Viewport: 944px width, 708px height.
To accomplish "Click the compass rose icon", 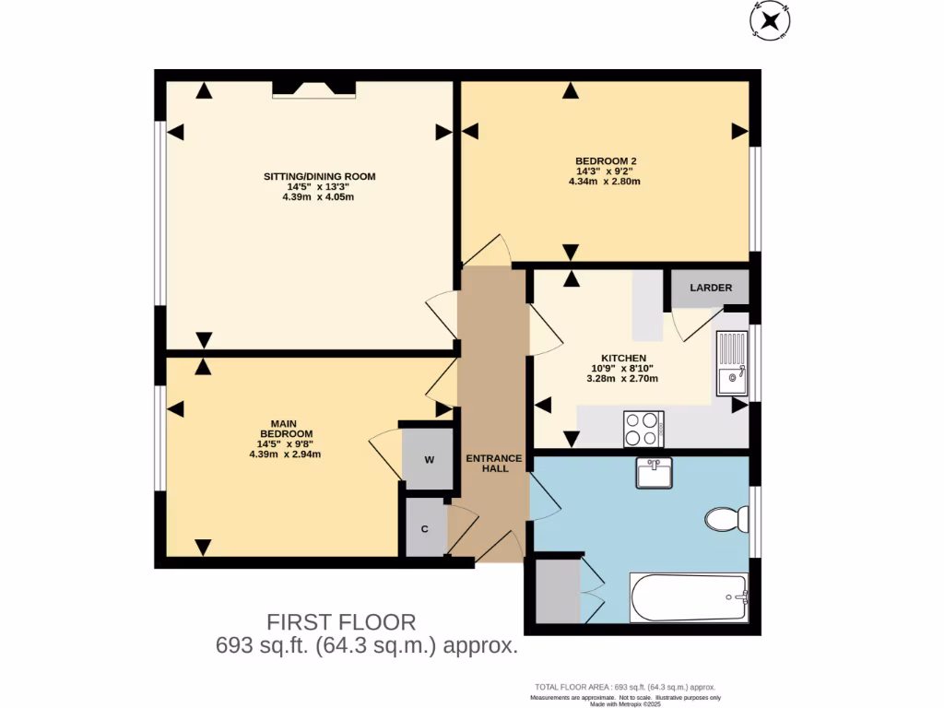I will (x=772, y=19).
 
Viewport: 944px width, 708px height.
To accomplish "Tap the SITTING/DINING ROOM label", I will (x=320, y=176).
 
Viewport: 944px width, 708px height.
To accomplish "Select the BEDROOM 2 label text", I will (x=606, y=160).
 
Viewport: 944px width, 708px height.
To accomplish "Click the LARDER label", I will (x=711, y=288).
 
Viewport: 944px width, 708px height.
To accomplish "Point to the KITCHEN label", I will (x=623, y=359).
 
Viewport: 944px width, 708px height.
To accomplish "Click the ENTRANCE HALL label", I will (x=493, y=463).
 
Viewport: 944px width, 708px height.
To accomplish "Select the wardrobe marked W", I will (x=429, y=459).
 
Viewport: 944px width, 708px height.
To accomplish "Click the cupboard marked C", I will (x=425, y=528).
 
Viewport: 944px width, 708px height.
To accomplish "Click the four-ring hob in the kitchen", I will (x=643, y=428).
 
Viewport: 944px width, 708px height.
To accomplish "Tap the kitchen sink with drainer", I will (x=733, y=362).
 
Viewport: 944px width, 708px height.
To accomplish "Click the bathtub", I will (x=689, y=597).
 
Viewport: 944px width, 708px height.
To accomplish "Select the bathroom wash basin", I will (x=655, y=473).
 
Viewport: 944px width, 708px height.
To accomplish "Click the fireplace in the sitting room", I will (x=314, y=88).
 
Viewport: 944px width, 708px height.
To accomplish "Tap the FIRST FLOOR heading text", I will (x=341, y=622).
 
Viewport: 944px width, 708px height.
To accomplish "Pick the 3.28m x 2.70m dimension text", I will (x=623, y=377).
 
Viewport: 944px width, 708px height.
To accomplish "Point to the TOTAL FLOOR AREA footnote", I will (x=625, y=688).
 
